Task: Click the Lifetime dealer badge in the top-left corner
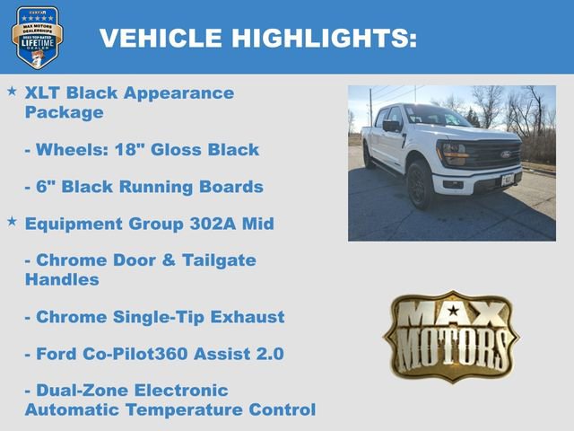click(x=37, y=37)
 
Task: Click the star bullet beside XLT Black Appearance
click(x=12, y=92)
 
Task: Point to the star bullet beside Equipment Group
click(x=12, y=221)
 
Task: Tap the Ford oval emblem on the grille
click(x=506, y=154)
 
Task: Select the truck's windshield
click(x=435, y=117)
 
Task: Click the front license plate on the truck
click(x=508, y=180)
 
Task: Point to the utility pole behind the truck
click(x=370, y=107)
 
